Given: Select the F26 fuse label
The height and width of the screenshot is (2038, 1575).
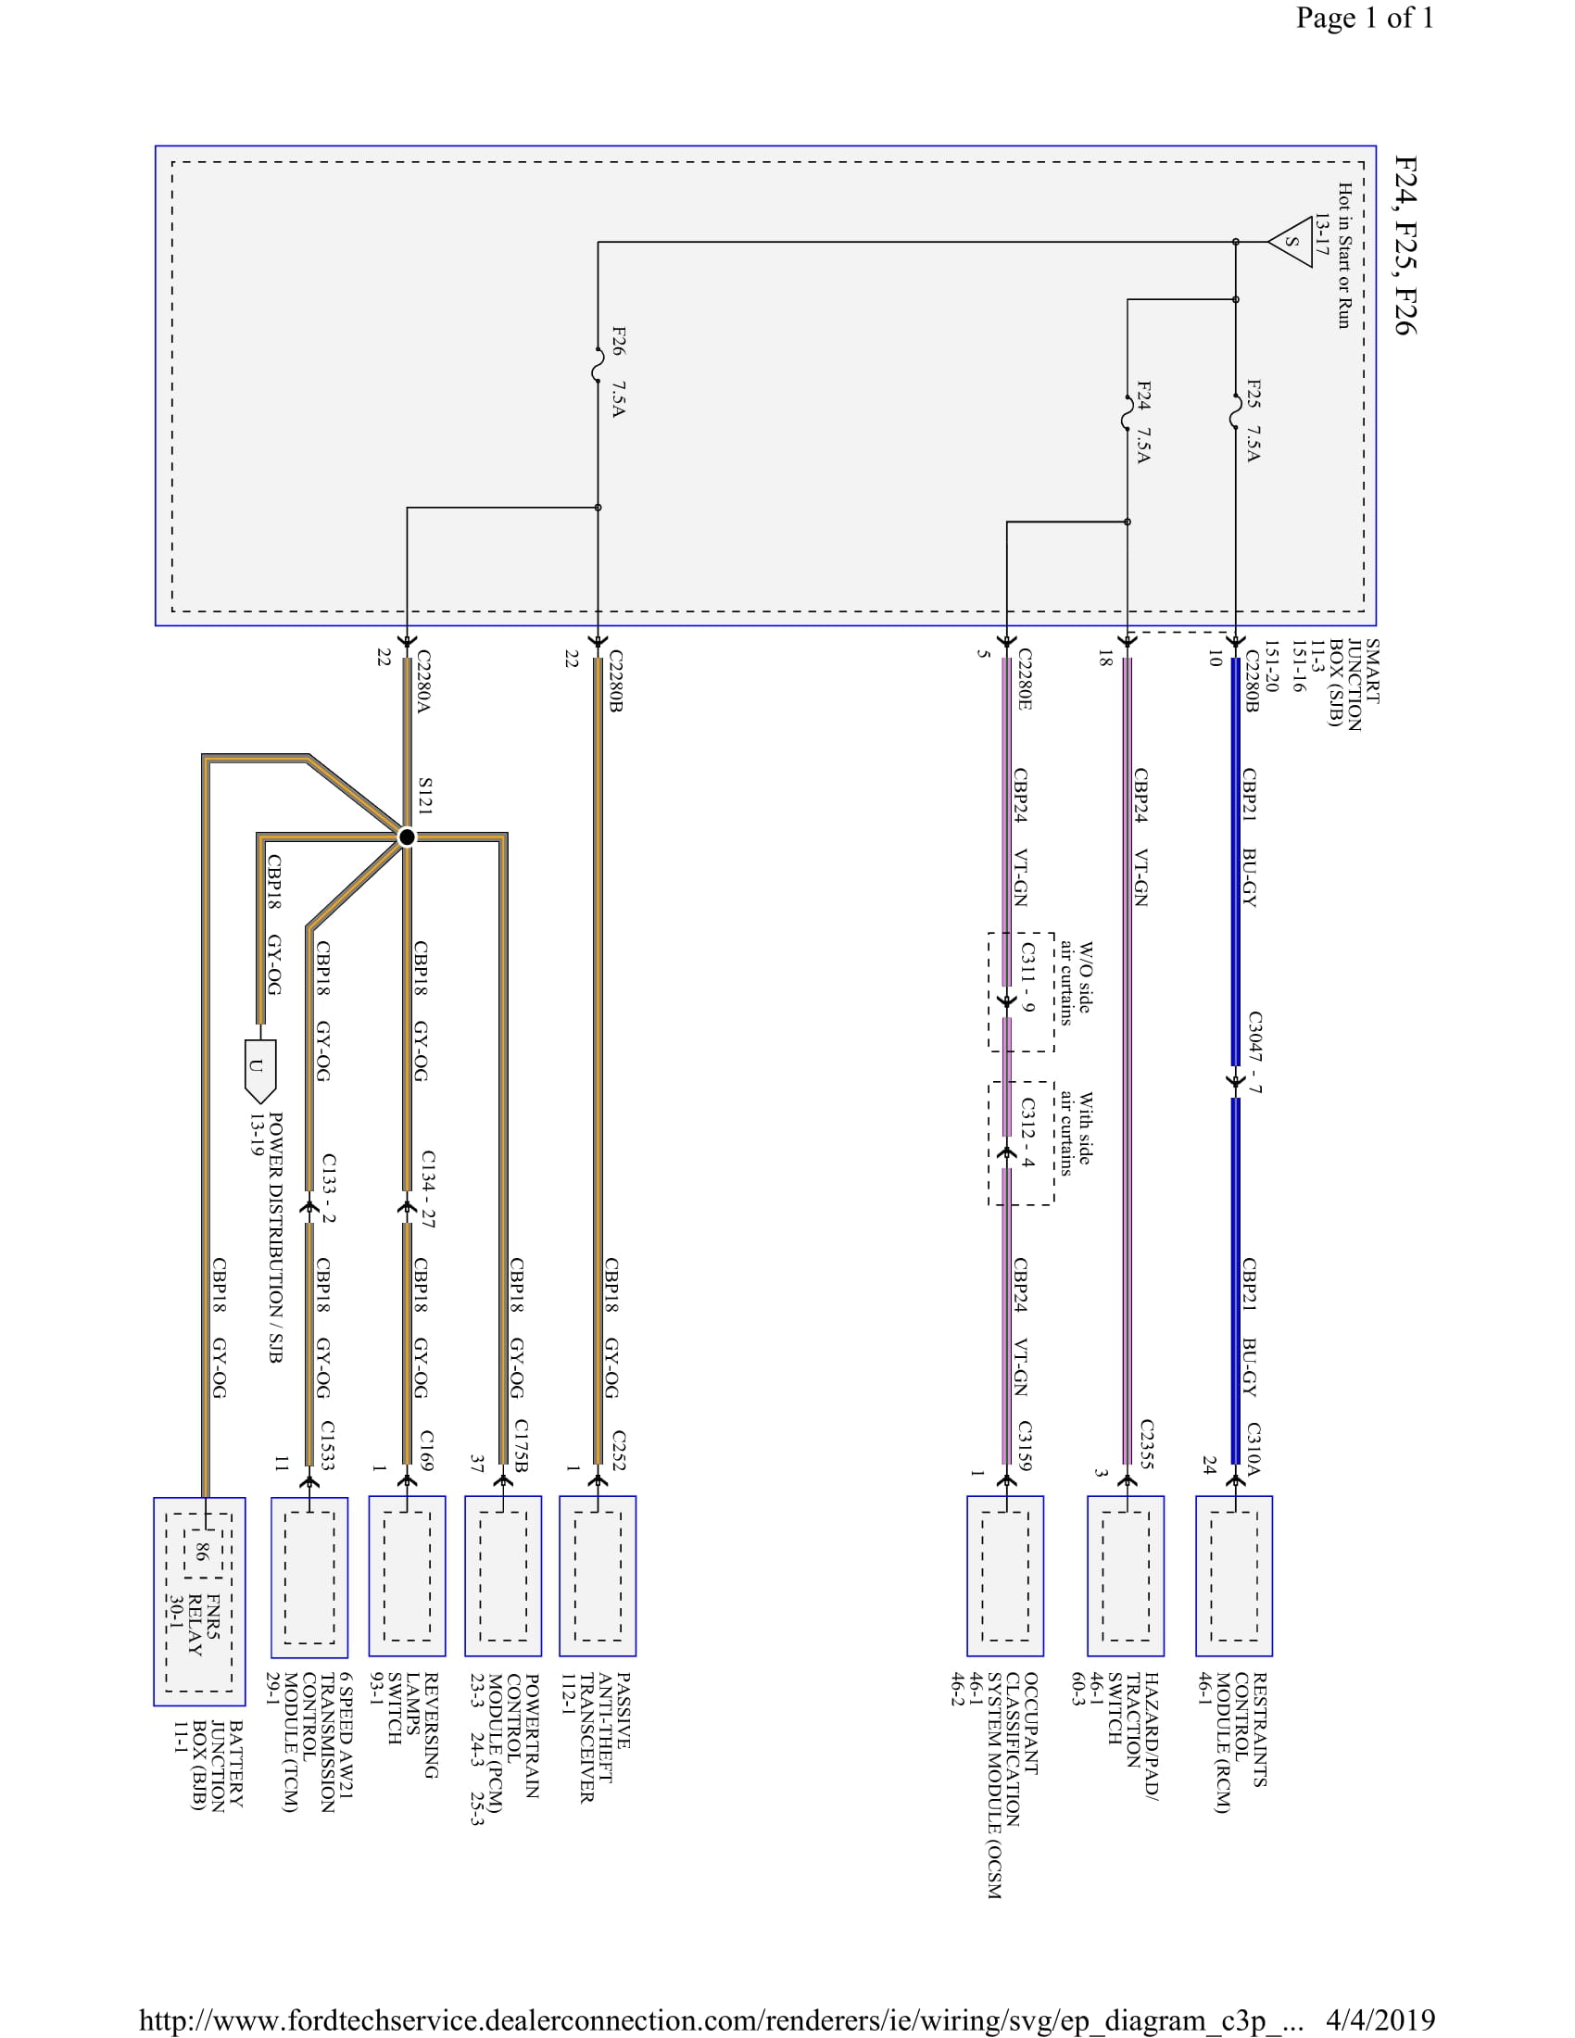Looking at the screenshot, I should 619,341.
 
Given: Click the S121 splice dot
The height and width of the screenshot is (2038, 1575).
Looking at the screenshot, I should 407,837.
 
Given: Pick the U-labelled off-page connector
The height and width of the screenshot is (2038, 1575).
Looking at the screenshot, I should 259,1069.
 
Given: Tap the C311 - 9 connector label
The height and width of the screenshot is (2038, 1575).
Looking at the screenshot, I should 1027,977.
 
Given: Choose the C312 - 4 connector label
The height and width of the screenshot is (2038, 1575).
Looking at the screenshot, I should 1027,1132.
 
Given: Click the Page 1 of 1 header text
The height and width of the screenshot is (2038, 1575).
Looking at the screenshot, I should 1364,19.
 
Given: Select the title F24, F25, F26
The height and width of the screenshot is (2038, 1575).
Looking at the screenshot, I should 1405,245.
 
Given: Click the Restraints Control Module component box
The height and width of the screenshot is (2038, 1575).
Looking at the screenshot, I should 1233,1576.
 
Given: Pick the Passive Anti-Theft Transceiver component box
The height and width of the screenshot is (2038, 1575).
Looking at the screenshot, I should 598,1576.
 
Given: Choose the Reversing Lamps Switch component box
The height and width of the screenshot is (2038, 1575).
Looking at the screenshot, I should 407,1576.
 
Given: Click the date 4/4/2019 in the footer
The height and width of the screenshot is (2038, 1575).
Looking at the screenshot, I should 1380,2020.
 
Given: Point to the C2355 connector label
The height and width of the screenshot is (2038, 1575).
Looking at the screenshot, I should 1147,1444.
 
